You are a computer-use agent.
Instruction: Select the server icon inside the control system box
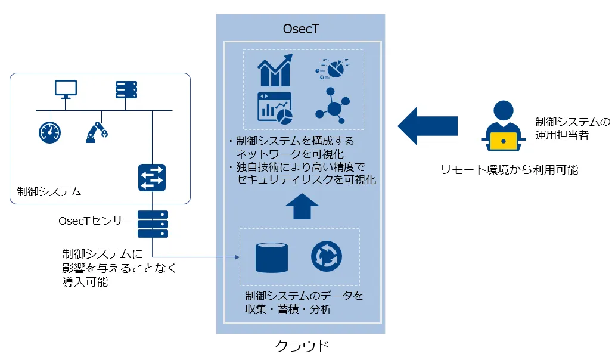click(126, 90)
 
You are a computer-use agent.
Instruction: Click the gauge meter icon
click(49, 132)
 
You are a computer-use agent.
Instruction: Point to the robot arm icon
click(95, 132)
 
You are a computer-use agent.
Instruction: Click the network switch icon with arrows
click(152, 178)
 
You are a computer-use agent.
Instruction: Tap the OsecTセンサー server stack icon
click(153, 224)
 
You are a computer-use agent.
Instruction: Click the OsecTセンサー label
click(95, 221)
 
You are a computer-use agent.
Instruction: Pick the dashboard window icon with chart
click(274, 108)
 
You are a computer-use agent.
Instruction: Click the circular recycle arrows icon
click(327, 256)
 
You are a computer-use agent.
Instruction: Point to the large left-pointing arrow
click(427, 125)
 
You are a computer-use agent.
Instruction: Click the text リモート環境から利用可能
click(510, 170)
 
